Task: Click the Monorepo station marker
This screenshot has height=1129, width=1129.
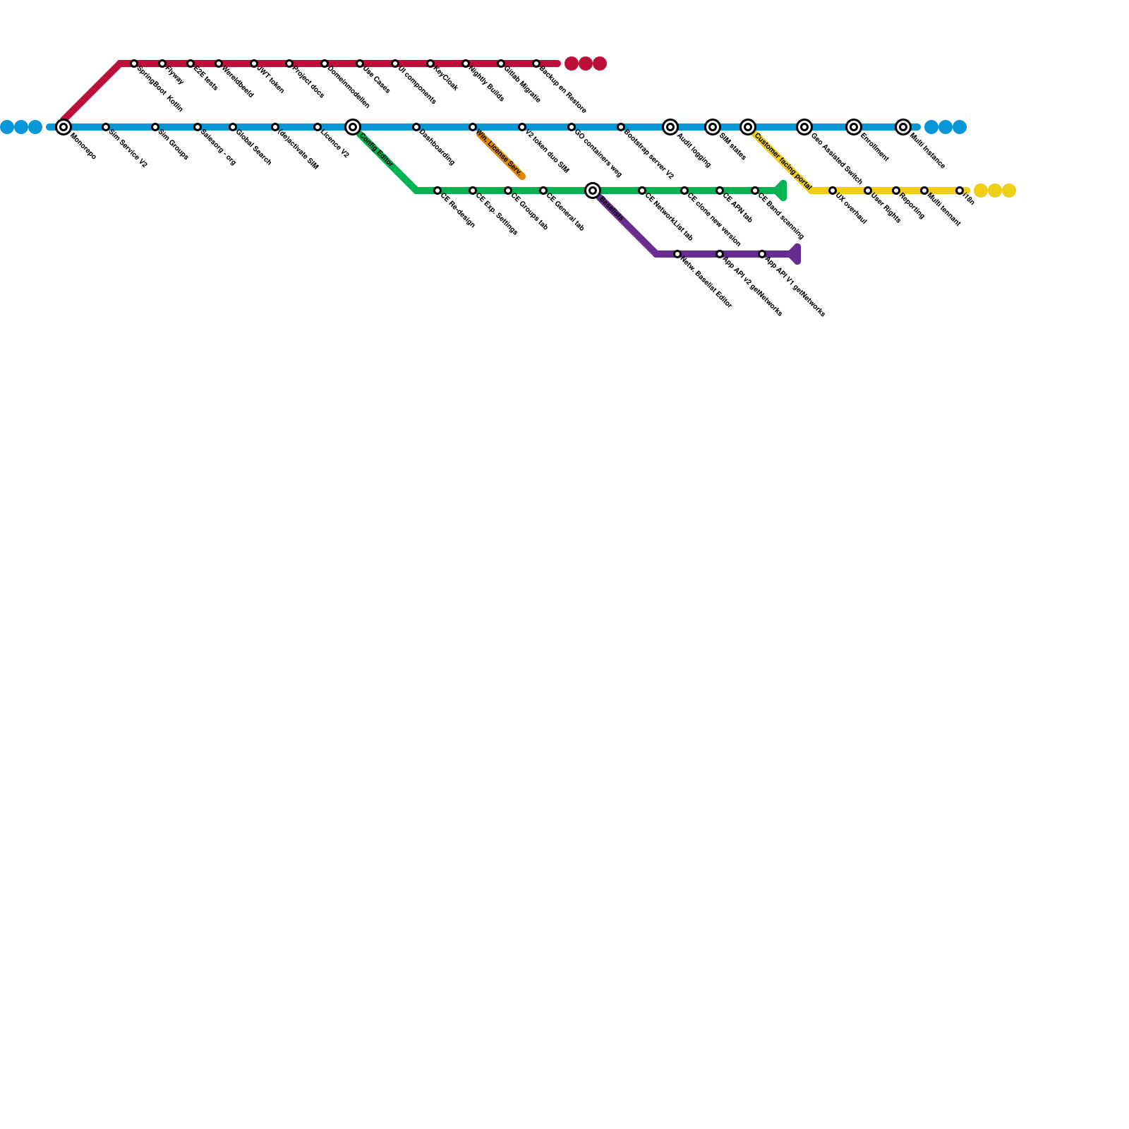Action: click(64, 127)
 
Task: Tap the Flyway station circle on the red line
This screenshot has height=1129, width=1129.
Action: click(162, 64)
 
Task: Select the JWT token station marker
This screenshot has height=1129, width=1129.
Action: click(254, 64)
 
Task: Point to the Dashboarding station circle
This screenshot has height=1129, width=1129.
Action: click(416, 127)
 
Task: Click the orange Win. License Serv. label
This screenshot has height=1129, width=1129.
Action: click(499, 152)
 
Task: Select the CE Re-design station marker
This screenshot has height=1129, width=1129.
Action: click(437, 191)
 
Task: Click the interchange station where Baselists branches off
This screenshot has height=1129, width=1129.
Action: click(593, 191)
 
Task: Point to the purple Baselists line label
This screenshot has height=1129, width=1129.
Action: click(611, 210)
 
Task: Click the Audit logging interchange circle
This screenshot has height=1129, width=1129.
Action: click(670, 127)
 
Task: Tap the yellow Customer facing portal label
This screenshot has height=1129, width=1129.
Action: click(783, 162)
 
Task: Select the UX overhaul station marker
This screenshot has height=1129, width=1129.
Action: click(833, 191)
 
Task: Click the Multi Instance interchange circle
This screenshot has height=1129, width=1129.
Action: click(903, 127)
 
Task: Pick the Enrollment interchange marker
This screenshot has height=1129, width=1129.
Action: click(854, 127)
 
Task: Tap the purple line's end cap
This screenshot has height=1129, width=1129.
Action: click(795, 254)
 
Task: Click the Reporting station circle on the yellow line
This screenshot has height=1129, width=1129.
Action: click(896, 191)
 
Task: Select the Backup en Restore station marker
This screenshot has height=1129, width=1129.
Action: click(536, 64)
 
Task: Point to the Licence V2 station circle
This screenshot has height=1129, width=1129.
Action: click(318, 127)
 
